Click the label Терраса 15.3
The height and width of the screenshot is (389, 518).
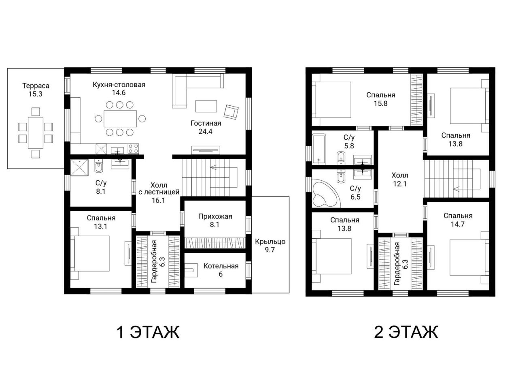coord(36,90)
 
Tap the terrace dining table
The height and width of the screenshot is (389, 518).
coord(35,133)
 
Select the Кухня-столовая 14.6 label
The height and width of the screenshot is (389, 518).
coord(119,89)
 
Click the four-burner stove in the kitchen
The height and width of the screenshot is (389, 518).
coord(133,149)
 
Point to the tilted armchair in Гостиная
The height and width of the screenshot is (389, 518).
coord(231,112)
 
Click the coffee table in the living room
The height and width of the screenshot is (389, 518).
coord(206,106)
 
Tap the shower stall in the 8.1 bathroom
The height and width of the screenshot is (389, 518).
coord(80,167)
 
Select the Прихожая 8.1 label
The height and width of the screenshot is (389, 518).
coord(215,220)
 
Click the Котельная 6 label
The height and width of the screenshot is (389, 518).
coord(221,270)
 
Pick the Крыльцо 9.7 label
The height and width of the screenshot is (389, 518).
coord(270,246)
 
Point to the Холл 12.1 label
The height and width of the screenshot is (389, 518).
coord(400,180)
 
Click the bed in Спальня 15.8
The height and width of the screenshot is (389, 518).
coord(331,99)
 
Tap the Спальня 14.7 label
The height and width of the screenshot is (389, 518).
coord(458,220)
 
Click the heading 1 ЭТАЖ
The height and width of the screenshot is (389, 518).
coord(148,332)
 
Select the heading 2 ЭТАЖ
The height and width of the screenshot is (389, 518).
coord(406,332)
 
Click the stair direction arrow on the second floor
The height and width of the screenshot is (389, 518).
coord(456,189)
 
